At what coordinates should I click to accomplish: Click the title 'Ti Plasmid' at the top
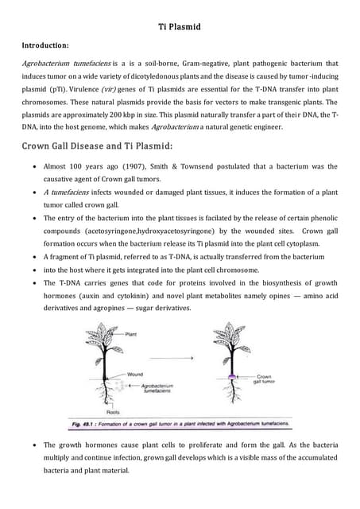pos(179,28)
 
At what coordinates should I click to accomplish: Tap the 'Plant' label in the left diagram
pos(132,335)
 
